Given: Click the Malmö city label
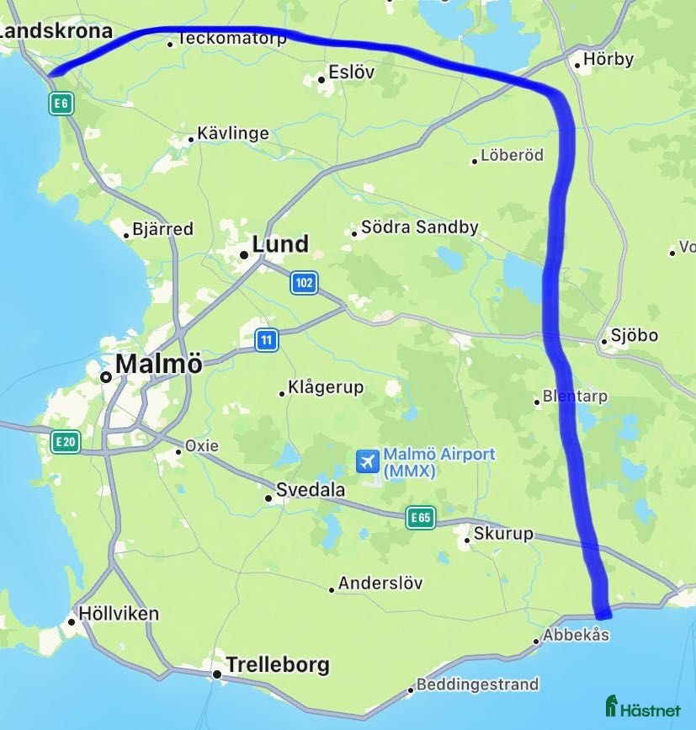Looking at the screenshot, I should click(x=158, y=364).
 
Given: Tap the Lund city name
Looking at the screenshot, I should click(x=280, y=245).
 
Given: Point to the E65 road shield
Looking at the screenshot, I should click(x=420, y=518).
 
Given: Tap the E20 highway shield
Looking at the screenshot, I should click(x=65, y=442).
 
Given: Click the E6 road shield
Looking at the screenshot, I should click(x=61, y=104).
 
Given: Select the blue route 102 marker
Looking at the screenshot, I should click(x=304, y=283).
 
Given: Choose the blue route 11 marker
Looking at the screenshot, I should click(x=267, y=340).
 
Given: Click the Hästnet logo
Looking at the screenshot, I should click(x=643, y=707).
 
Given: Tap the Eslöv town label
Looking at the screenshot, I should click(x=352, y=72).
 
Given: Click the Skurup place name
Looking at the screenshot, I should click(x=502, y=534).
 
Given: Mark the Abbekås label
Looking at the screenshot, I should click(x=576, y=635).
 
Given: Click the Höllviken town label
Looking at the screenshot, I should click(x=118, y=614).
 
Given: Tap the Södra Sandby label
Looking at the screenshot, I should click(x=419, y=227).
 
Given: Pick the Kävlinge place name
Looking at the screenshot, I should click(x=232, y=134).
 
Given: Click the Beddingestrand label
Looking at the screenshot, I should click(x=477, y=685).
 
